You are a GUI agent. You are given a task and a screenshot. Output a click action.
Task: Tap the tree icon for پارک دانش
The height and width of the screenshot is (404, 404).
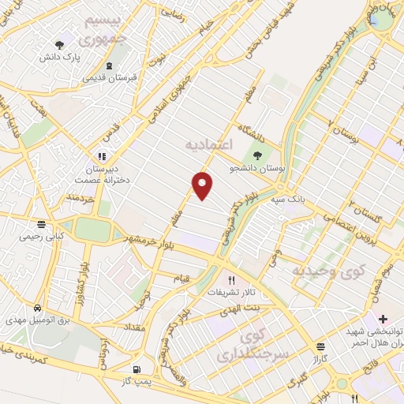click(x=59, y=45)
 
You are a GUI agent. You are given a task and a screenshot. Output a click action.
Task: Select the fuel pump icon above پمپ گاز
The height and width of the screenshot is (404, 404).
click(x=137, y=368)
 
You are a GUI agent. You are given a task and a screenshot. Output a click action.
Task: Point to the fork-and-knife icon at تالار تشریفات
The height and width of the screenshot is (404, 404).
click(x=231, y=279)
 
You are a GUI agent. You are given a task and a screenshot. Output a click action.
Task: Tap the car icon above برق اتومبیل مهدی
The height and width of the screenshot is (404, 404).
click(x=38, y=306)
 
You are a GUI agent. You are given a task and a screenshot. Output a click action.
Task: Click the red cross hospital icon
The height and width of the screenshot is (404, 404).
click(x=383, y=320)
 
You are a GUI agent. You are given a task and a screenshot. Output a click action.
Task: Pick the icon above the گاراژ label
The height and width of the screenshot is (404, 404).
click(x=320, y=346)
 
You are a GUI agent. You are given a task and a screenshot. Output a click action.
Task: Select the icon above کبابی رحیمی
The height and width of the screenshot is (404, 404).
click(x=52, y=223)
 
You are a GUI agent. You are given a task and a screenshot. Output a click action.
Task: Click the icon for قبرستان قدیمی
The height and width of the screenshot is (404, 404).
click(x=109, y=65)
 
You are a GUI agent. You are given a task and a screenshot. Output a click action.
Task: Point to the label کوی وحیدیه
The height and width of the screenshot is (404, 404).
click(x=329, y=271)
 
